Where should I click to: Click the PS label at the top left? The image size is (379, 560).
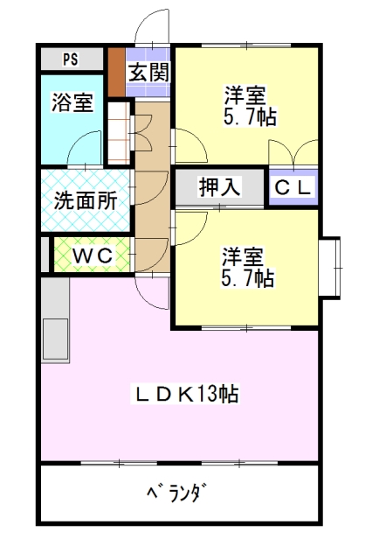(71, 59)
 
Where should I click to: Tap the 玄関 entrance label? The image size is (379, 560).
(148, 72)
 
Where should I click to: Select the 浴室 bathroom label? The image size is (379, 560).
(72, 102)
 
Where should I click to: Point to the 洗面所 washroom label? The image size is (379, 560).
(86, 200)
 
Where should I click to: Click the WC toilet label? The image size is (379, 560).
(93, 255)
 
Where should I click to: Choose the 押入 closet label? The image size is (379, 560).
(219, 186)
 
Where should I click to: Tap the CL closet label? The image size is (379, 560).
(293, 187)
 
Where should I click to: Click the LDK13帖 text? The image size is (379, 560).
(186, 394)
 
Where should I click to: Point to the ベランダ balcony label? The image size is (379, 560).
(177, 493)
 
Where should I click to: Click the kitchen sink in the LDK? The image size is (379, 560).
(55, 339)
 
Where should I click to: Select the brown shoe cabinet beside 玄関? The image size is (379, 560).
(116, 72)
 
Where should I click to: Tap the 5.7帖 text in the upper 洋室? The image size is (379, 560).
(250, 116)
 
